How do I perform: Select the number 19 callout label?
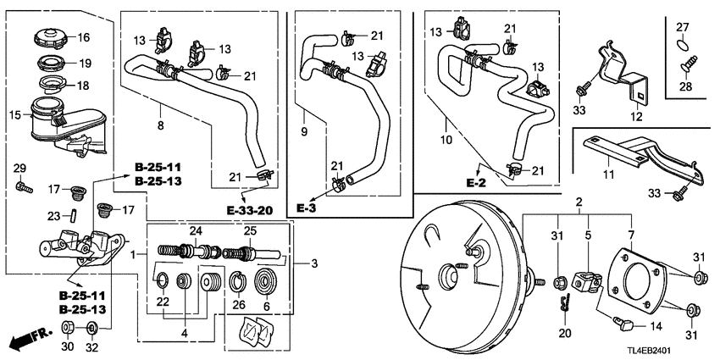tap(84, 63)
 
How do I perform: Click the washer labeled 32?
tap(91, 326)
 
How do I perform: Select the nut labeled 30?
tap(68, 326)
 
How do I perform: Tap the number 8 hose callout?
tap(162, 125)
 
